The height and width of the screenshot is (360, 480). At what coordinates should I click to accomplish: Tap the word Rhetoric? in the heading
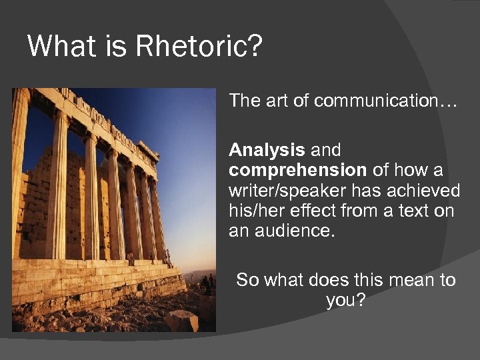tap(199, 47)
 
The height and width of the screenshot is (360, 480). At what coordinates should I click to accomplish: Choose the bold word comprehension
tap(297, 170)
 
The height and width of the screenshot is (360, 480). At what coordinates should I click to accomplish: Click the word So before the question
tap(247, 280)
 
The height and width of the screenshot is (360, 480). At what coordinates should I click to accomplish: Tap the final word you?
tap(345, 301)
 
